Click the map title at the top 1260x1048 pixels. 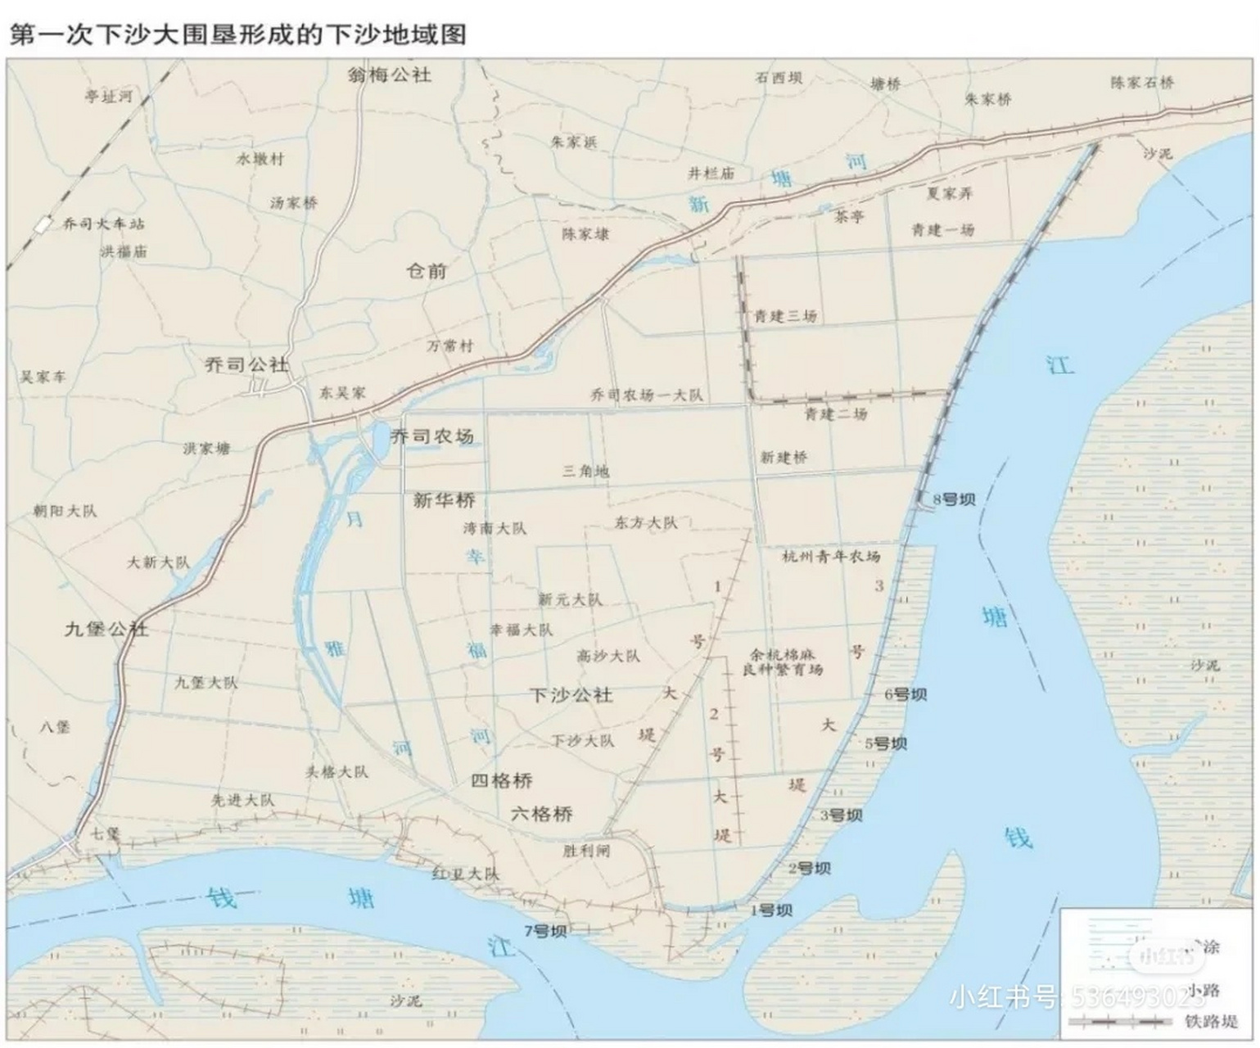coord(237,34)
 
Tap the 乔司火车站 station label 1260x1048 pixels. coord(103,224)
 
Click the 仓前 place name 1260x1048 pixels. coord(427,270)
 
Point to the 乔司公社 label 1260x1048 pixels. coord(246,364)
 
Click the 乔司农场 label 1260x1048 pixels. coord(432,436)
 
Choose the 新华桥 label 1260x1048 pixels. coord(444,500)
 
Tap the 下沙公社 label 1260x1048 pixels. coord(571,695)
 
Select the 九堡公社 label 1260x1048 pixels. coord(106,629)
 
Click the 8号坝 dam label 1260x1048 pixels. coord(954,499)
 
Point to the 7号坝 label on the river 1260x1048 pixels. coord(545,931)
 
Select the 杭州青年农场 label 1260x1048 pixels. coord(831,557)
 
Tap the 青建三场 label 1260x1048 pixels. coord(785,316)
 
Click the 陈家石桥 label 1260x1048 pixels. coord(1142,83)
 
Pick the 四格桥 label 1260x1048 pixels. coord(501,780)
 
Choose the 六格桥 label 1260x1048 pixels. coord(541,814)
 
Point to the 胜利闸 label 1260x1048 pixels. coord(586,851)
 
